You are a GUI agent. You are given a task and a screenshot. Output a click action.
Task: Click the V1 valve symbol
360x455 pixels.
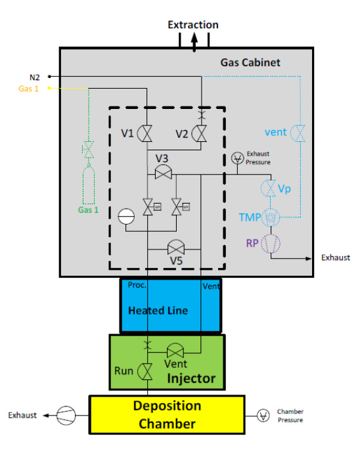click(x=145, y=133)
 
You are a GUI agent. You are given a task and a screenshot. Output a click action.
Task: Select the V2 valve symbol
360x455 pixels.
click(x=200, y=133)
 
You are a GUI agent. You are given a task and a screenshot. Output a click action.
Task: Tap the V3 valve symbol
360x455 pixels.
click(x=163, y=173)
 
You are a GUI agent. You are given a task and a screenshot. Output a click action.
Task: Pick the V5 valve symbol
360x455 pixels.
click(x=176, y=248)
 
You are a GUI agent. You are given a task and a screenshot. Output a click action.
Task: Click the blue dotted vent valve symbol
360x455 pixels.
click(x=298, y=133)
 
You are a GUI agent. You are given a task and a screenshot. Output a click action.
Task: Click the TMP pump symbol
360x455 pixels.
click(x=271, y=217)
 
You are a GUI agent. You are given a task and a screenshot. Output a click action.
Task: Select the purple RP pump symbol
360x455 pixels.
click(x=271, y=244)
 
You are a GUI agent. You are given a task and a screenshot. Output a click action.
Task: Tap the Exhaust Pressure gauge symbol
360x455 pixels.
click(x=238, y=158)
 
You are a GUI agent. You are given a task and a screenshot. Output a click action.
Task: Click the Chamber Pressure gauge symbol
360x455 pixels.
click(x=263, y=416)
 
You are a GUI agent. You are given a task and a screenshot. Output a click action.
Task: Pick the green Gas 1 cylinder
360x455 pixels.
click(x=89, y=184)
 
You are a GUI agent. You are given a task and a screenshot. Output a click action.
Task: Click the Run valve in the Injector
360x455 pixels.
click(x=145, y=372)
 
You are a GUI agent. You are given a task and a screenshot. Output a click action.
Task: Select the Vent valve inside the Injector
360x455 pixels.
click(x=175, y=350)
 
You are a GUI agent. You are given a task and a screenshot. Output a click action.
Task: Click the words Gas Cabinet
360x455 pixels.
click(x=250, y=62)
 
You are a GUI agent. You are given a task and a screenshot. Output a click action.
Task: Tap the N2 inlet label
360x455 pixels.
click(x=35, y=77)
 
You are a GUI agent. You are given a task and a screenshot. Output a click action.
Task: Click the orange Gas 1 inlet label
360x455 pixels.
click(x=28, y=89)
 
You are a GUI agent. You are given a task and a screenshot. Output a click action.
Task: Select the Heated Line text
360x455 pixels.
click(x=158, y=311)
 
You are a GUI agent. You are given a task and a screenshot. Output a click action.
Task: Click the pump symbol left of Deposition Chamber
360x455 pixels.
click(x=66, y=416)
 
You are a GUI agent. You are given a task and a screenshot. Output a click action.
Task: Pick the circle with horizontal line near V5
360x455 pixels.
click(x=126, y=217)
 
